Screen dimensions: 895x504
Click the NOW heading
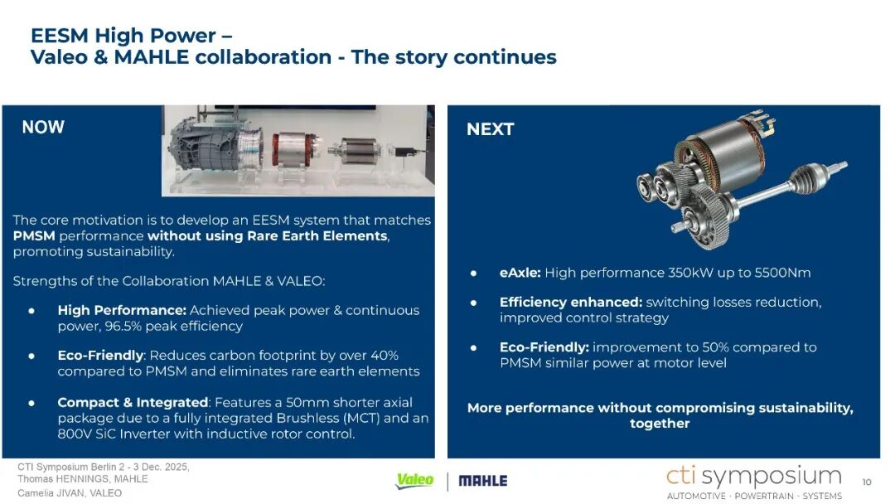coord(43,127)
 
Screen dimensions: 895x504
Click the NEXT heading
coord(491,129)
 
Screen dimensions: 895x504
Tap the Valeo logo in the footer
coord(414,481)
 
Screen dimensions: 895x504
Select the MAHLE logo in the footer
coord(483,481)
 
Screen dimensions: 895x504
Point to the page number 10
coord(867,482)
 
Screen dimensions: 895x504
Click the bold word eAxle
coord(520,273)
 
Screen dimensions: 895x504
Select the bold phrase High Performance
coord(122,310)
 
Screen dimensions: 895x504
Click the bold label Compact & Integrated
coord(133,402)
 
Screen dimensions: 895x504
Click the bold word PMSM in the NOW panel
coord(34,235)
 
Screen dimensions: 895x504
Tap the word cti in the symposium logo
coord(681,476)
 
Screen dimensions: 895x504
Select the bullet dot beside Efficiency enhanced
coord(473,303)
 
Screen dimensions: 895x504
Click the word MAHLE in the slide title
coord(152,57)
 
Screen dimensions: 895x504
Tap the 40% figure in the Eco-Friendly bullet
coord(385,356)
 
